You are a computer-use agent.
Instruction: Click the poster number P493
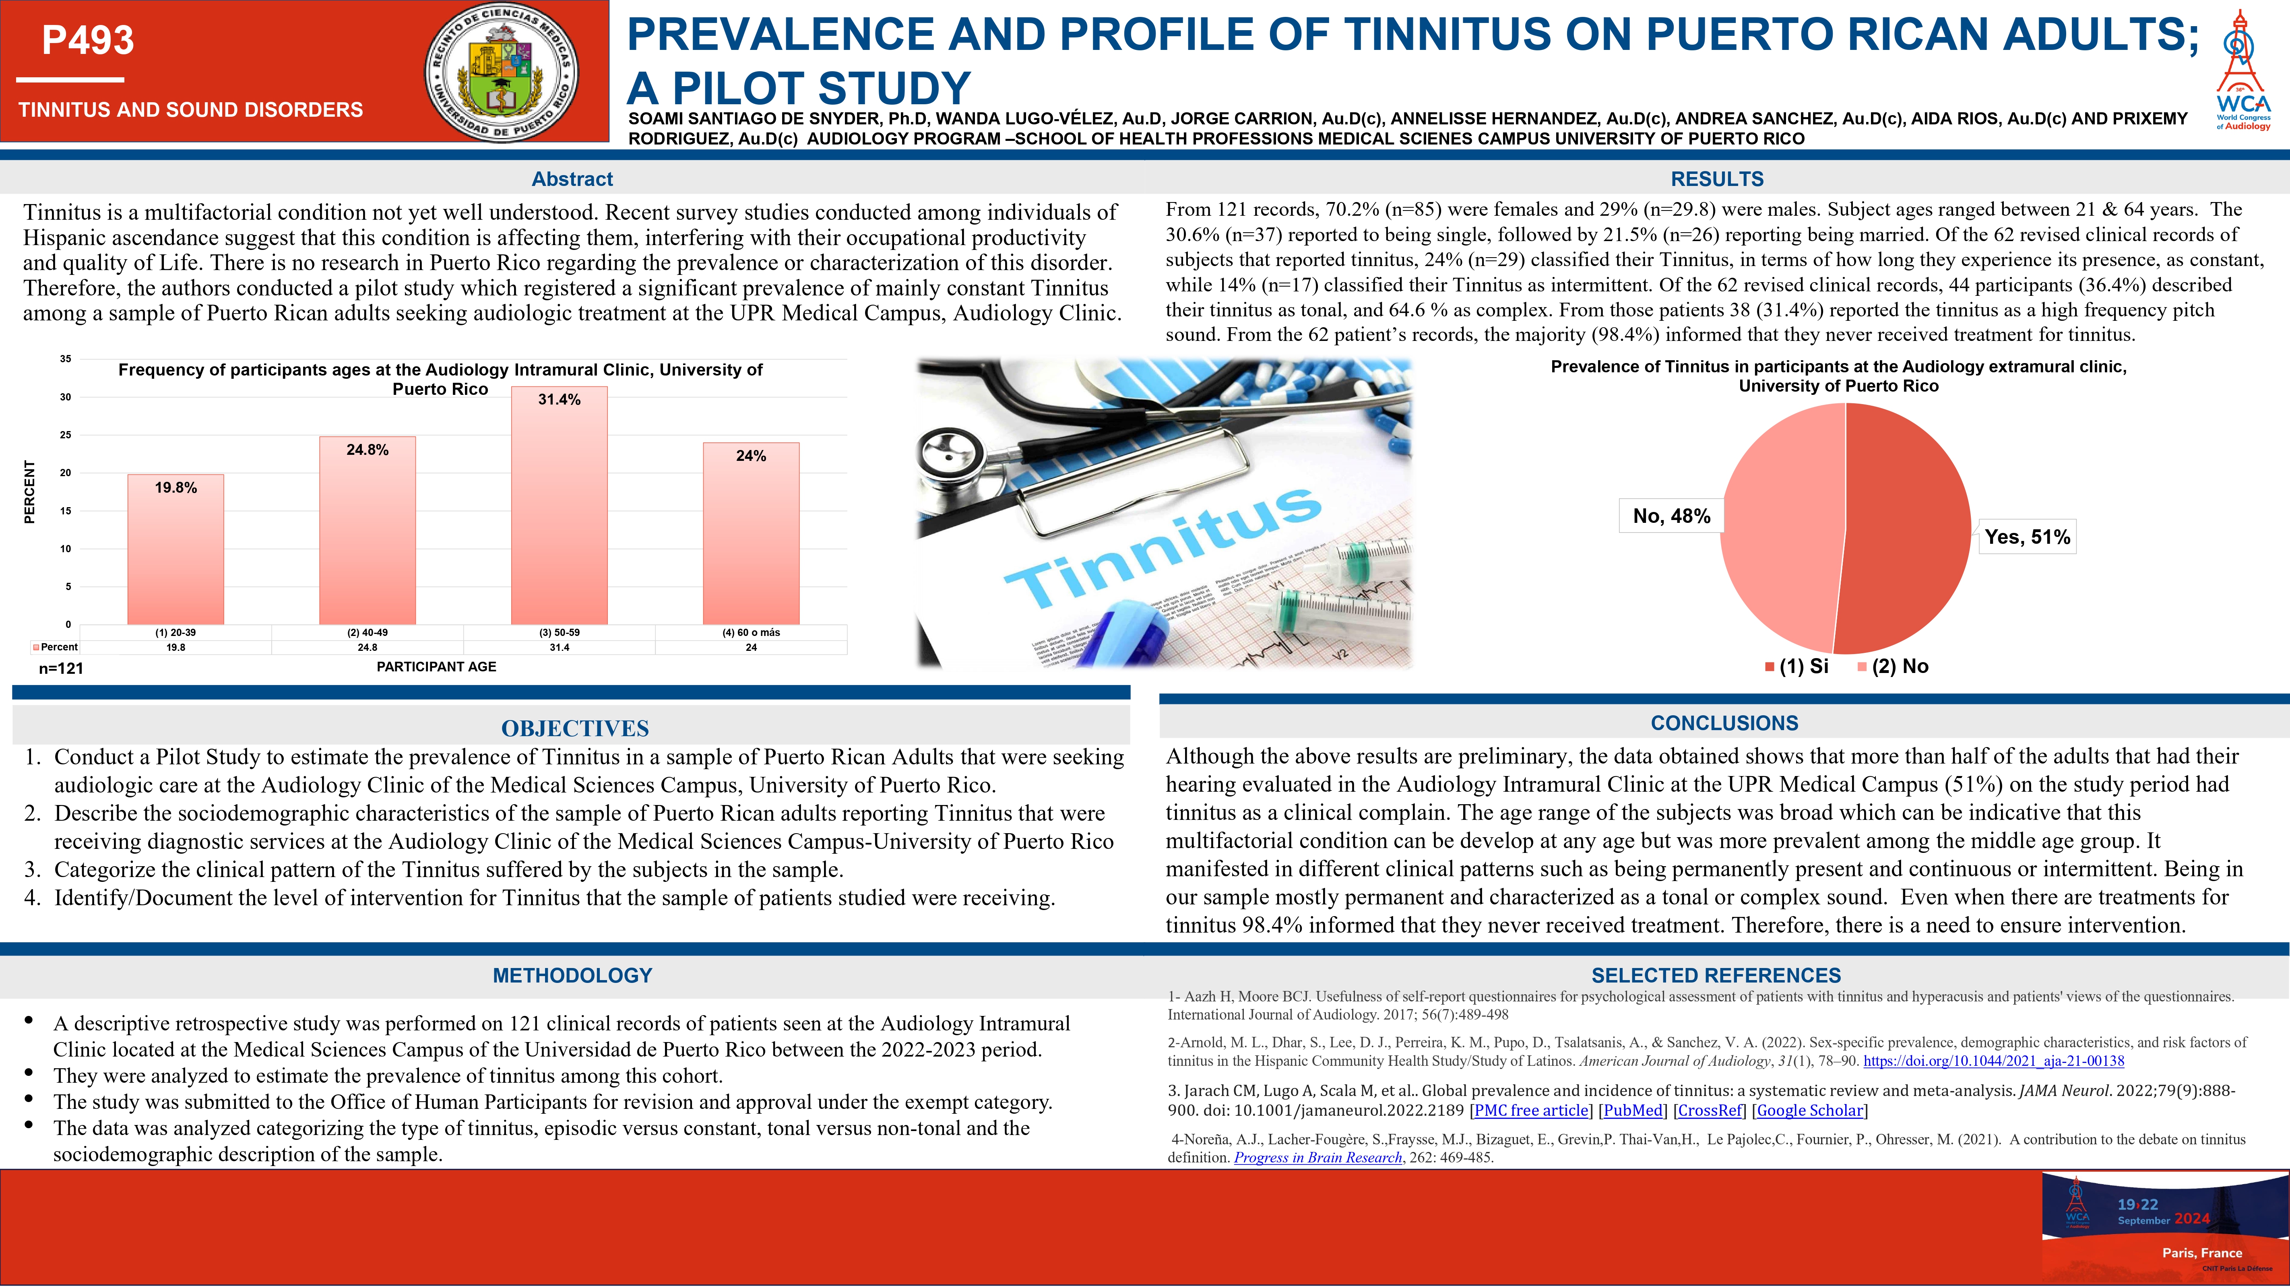[88, 40]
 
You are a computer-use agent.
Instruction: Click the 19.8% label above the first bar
[176, 487]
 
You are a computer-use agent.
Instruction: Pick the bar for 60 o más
[751, 533]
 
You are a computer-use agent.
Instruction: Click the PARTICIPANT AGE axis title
[436, 667]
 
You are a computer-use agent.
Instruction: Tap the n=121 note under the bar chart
[61, 669]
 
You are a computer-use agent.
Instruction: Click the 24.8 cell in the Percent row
[367, 647]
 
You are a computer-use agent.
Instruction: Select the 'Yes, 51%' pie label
[2027, 537]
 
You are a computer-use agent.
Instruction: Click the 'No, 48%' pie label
[1671, 516]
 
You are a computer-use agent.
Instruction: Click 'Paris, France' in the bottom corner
[2202, 1253]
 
